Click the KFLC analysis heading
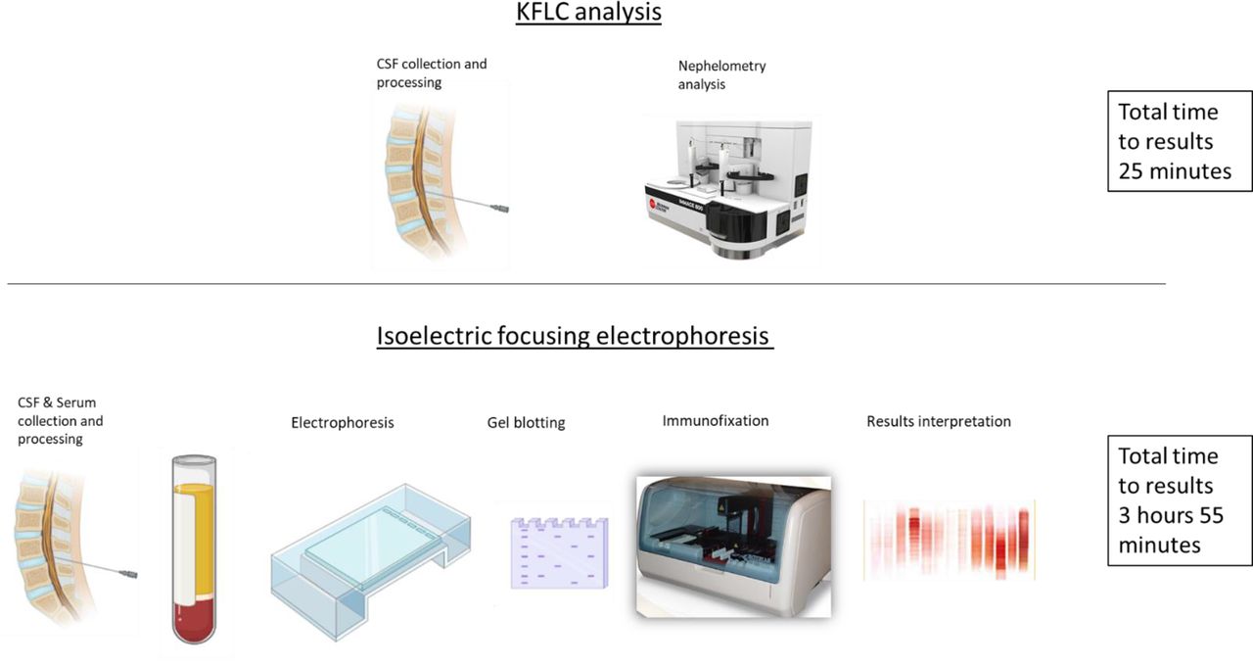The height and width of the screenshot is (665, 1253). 588,12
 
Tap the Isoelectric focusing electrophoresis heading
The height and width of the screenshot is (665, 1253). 575,336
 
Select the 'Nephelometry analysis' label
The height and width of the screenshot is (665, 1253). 722,75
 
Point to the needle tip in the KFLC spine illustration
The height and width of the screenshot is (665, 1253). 425,193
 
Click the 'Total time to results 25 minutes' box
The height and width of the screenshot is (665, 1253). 1180,141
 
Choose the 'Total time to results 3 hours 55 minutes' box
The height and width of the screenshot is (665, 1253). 1180,500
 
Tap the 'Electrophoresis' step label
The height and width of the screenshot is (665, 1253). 343,423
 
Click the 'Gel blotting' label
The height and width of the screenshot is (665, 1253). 526,423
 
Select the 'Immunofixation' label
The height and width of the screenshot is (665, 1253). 716,421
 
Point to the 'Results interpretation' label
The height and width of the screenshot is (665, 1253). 939,421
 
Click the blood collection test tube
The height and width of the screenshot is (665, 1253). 194,549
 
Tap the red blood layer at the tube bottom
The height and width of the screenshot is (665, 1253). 194,621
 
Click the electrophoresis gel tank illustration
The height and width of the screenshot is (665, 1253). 370,561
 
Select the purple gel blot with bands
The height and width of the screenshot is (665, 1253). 559,553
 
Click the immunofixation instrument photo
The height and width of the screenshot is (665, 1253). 734,546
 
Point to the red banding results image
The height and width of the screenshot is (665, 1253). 950,541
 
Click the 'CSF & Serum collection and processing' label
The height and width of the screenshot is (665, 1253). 61,421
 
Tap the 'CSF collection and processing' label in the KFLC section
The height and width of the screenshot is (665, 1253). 432,73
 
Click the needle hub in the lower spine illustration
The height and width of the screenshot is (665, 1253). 128,574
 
